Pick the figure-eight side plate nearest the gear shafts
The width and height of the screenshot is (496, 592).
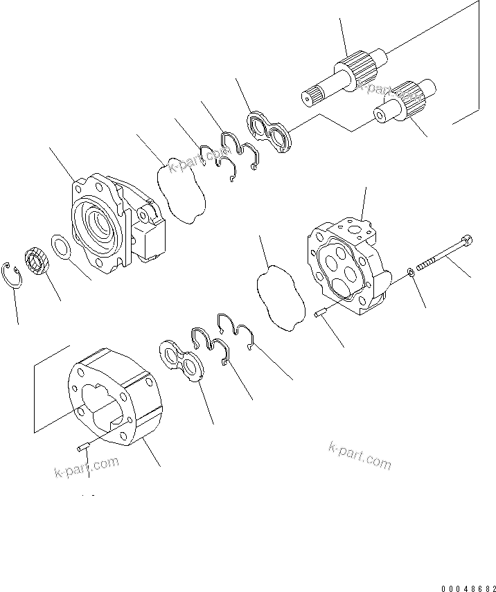pyautogui.click(x=272, y=134)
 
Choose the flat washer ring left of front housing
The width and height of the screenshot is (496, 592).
pyautogui.click(x=60, y=246)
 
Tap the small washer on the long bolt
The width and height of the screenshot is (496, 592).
pyautogui.click(x=411, y=270)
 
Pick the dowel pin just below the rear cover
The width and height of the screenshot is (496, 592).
pyautogui.click(x=319, y=316)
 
